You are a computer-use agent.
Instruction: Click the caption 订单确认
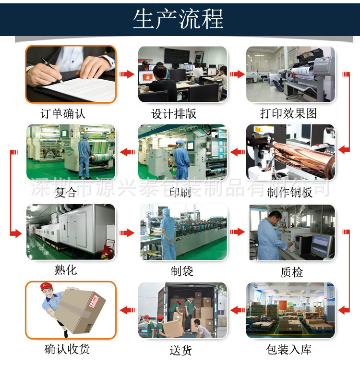click(x=63, y=114)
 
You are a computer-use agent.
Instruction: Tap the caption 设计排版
click(x=174, y=114)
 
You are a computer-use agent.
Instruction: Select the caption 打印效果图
click(x=288, y=114)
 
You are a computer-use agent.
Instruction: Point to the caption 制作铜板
click(x=289, y=193)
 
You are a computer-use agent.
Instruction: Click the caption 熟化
click(x=66, y=270)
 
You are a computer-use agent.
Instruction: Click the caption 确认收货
click(x=67, y=349)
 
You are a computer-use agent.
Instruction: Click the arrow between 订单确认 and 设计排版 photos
click(x=127, y=74)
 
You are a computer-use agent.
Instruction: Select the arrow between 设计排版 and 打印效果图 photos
click(x=237, y=74)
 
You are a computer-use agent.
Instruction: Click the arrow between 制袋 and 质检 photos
click(x=237, y=232)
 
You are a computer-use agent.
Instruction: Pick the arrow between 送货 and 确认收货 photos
click(x=127, y=310)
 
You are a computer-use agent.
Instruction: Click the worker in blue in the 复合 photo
click(x=84, y=154)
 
